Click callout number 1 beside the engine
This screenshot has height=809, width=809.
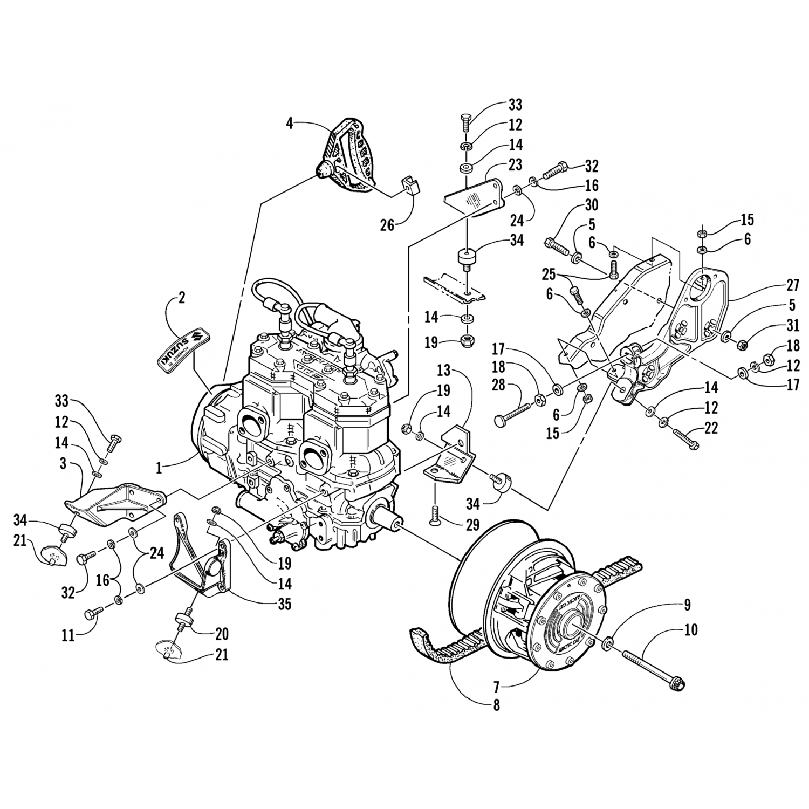159,468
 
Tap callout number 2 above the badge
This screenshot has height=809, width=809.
181,298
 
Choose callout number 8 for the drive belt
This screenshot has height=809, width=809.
496,704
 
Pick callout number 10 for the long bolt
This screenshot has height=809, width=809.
691,629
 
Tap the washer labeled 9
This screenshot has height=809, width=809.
608,643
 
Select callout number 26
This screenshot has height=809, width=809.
387,224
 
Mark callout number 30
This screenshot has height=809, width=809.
591,205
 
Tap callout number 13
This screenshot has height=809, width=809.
443,372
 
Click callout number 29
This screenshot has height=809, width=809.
472,523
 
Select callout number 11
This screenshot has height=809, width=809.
68,635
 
